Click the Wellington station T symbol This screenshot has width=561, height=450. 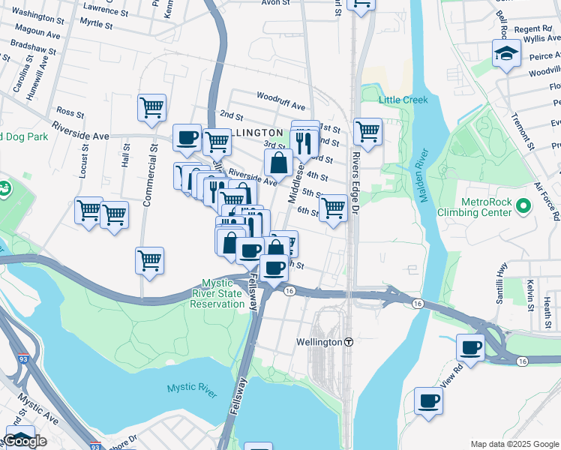coord(349,342)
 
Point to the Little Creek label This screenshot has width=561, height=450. coord(403,100)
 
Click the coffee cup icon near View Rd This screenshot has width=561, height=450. coord(471,347)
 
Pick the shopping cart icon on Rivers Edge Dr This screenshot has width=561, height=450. coord(367,131)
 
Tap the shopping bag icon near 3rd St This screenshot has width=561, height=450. coord(278,162)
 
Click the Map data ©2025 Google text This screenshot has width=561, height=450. coord(514,444)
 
